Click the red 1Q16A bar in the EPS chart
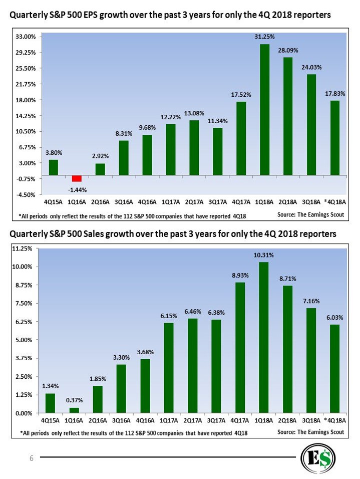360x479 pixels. tap(77, 178)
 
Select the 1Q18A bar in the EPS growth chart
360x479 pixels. tap(264, 110)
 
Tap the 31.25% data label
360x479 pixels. tap(264, 37)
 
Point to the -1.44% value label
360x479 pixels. tap(77, 190)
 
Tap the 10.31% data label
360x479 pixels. tap(264, 255)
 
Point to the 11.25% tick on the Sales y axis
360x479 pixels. tap(22, 248)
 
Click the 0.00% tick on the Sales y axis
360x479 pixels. tap(24, 413)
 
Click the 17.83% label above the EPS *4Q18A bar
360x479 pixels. tap(335, 93)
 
